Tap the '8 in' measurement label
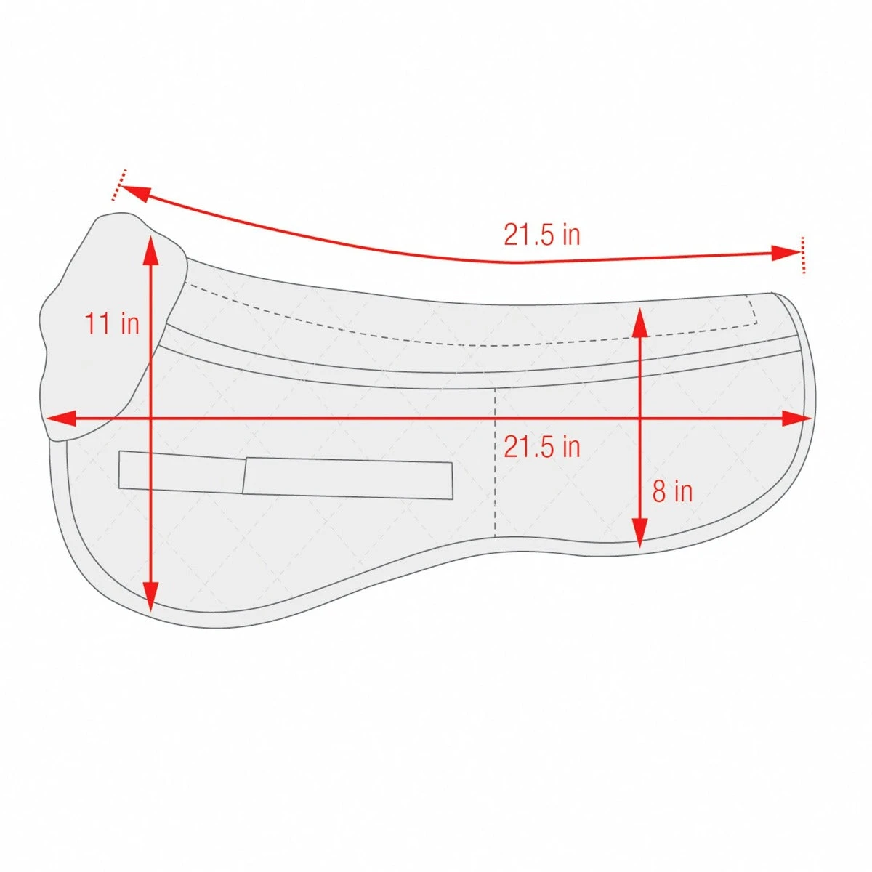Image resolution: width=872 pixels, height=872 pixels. click(672, 492)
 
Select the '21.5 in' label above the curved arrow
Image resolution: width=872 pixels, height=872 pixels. click(542, 235)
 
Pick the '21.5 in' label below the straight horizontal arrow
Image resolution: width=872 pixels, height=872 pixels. click(542, 446)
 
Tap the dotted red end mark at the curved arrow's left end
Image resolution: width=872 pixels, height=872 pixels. click(119, 185)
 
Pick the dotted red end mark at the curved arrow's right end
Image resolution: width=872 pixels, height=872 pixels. click(803, 254)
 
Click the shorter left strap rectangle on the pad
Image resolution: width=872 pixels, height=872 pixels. click(182, 472)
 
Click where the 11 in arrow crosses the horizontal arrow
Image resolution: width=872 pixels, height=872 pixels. click(150, 419)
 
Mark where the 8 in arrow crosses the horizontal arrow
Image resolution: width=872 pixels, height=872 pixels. click(639, 419)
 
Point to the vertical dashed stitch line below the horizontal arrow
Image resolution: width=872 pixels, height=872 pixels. click(495, 494)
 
